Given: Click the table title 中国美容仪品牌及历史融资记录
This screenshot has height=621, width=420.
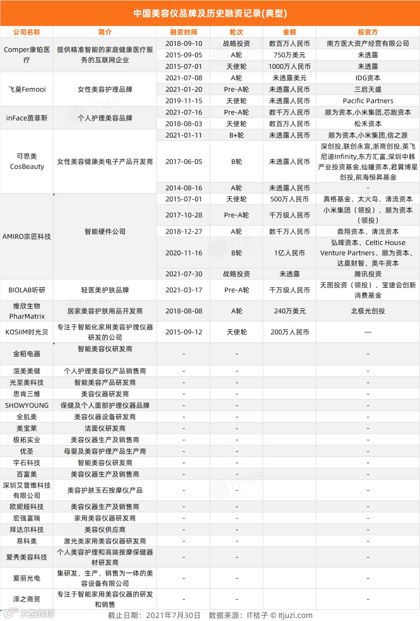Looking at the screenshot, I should coord(210,13).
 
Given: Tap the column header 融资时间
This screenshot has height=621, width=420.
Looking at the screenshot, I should coord(184,32).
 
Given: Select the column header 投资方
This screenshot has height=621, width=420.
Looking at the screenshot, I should coord(367,32).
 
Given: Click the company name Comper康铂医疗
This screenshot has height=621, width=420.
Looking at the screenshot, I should coord(27,55).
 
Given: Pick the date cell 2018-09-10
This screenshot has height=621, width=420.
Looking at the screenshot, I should coord(184,44).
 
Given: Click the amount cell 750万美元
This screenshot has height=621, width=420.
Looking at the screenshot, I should coord(289,55).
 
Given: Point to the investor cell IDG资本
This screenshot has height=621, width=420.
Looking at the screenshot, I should coord(367,78).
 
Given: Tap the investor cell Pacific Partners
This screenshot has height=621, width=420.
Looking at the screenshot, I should coord(367,101).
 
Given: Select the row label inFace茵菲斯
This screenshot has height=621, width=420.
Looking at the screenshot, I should coord(27,118).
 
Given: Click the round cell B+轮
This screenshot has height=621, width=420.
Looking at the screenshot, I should coord(236,135).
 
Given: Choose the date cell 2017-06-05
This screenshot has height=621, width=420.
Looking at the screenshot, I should coord(184,162).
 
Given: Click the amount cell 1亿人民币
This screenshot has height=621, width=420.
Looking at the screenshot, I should coord(289,253).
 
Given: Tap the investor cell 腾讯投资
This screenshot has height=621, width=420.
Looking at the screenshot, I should coord(367,274).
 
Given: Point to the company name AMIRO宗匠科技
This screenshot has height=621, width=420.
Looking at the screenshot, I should coord(27,236).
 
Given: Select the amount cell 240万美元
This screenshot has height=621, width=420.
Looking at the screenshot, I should coord(289,311).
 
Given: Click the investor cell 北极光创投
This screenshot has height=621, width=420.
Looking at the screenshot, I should coord(367,311).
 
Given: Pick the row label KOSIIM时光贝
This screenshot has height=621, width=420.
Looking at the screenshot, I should coord(27,332).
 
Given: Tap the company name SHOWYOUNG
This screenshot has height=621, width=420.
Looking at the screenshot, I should coord(27,406).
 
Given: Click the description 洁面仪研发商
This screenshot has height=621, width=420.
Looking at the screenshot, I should coord(105,429).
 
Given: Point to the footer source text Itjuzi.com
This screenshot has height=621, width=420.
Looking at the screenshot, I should coord(295,615).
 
